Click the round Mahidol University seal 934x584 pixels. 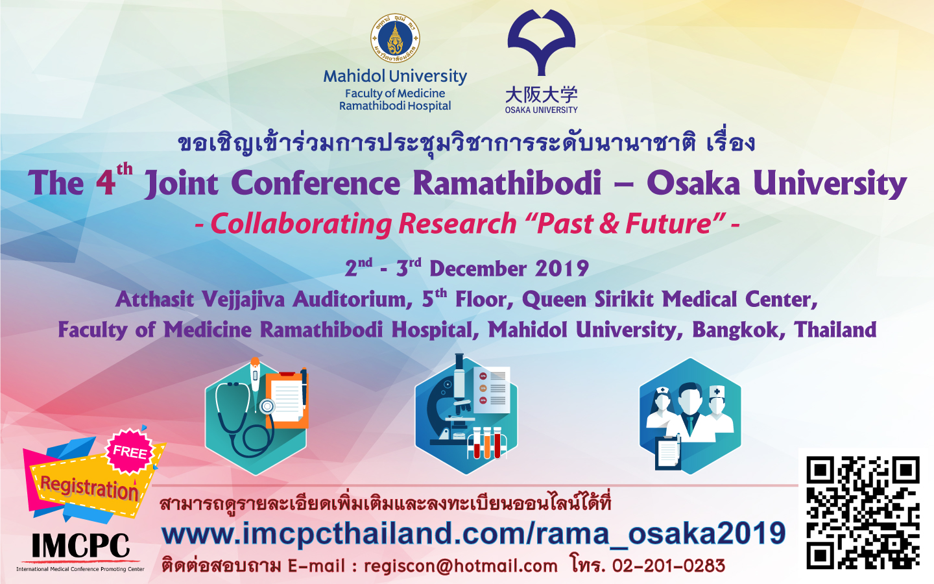click(x=395, y=38)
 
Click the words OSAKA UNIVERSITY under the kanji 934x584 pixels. click(x=541, y=110)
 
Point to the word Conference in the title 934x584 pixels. click(x=316, y=183)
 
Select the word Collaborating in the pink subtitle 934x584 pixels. click(x=301, y=224)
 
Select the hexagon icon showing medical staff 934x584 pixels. click(x=690, y=417)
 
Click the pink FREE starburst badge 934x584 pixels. click(x=130, y=452)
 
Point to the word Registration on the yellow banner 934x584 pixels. click(x=89, y=487)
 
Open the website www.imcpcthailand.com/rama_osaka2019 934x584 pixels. click(x=473, y=533)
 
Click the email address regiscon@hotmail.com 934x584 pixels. click(x=461, y=566)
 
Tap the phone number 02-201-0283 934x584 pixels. click(x=669, y=566)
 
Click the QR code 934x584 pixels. click(x=863, y=513)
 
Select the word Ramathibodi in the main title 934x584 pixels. click(x=507, y=183)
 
